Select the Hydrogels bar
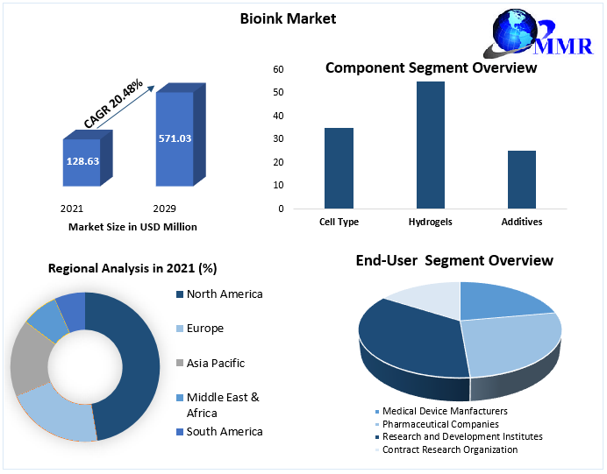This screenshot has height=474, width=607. coord(430,145)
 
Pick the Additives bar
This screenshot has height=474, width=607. coord(521,180)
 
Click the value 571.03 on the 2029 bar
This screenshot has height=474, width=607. coord(175,138)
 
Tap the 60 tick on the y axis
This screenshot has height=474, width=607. coord(278,69)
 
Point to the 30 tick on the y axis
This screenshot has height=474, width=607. coord(278,139)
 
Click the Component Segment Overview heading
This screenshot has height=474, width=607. coord(431,68)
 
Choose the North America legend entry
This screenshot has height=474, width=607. coord(224,294)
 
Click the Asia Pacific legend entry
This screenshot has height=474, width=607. coord(215,363)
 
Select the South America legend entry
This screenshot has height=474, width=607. coord(224,431)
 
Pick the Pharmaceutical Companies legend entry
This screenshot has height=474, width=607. coord(444,423)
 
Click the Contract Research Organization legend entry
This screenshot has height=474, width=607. coord(448,449)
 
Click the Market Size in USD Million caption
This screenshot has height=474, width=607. coord(132,227)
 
